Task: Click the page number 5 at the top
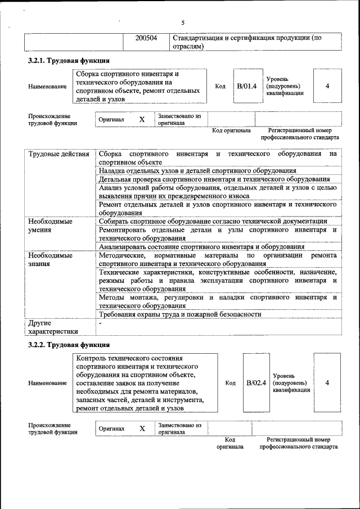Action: (183, 22)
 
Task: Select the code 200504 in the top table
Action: (146, 38)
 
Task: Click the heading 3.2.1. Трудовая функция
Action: (69, 61)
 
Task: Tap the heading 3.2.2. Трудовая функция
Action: (69, 344)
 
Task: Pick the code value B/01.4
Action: (246, 86)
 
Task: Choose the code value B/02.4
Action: (256, 382)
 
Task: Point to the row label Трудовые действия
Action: (58, 154)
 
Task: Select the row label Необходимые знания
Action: (50, 259)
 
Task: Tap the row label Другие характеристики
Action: (53, 327)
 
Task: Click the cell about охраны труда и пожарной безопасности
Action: (180, 314)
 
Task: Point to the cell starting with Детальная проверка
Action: (214, 179)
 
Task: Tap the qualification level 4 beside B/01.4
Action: (327, 86)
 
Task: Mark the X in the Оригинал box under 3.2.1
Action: (142, 120)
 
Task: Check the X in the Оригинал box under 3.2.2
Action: (142, 429)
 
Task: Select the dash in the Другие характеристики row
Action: (100, 323)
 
